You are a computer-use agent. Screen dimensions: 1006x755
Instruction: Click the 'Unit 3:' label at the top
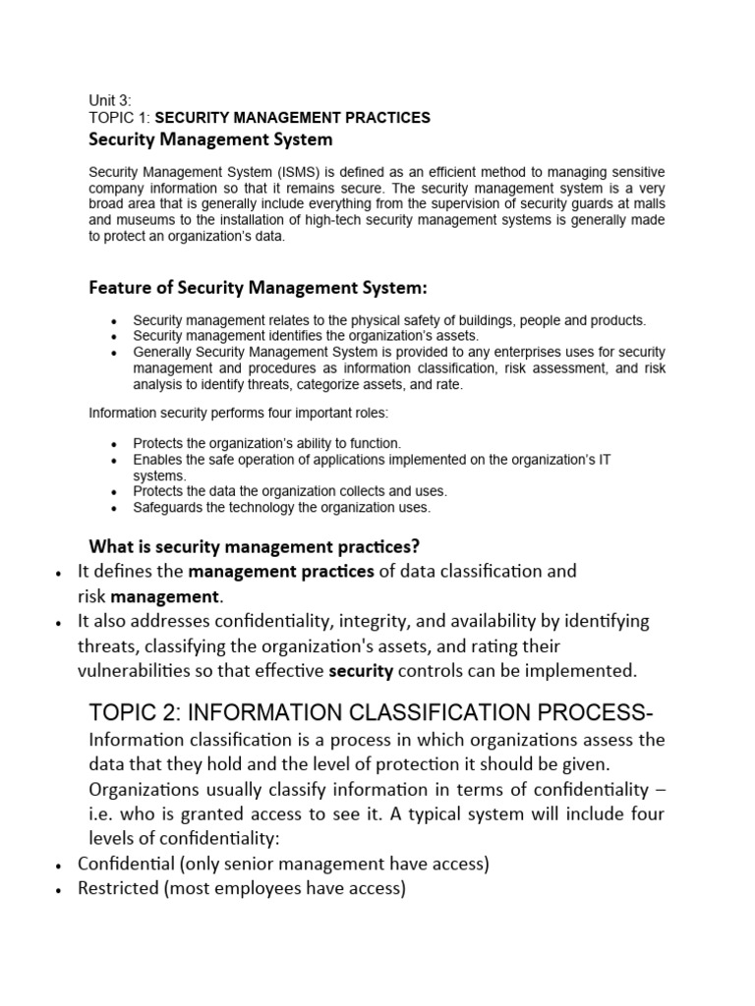(109, 100)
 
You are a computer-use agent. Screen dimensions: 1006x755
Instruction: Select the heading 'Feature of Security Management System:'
(259, 288)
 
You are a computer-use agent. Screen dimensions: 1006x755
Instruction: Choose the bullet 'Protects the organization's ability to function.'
(267, 444)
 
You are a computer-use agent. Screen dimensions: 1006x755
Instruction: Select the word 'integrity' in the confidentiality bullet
(433, 621)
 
